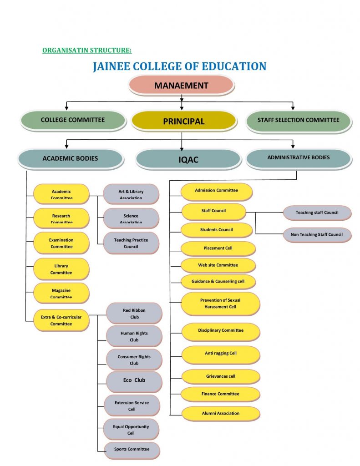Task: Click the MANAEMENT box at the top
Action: coord(181,85)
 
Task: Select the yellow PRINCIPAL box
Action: coord(183,121)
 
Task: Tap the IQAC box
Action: coord(188,160)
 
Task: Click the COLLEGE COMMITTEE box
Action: coord(73,120)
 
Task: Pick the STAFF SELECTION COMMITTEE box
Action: coord(298,120)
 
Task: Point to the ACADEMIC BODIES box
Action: coord(70,158)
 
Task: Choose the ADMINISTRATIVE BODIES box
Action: coord(298,157)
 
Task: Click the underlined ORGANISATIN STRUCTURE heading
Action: coord(86,51)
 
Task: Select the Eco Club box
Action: coord(134,380)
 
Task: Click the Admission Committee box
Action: coord(216,190)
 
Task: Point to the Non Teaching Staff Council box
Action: coord(316,235)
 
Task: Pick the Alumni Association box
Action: coord(220,413)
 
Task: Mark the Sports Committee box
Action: coord(132,449)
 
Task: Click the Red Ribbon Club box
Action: coord(134,314)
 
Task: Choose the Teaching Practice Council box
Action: coord(131,243)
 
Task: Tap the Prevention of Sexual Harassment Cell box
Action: coord(220,304)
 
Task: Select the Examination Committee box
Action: coord(61,243)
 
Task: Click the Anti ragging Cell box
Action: coord(220,353)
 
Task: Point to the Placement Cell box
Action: coord(218,248)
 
